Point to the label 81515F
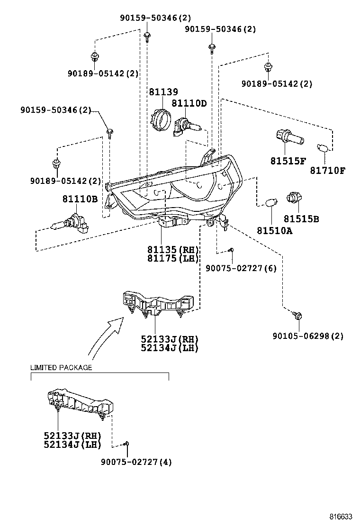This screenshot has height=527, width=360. (x=288, y=161)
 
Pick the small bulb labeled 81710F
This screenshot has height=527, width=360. (x=325, y=149)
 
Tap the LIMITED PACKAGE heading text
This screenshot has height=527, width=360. (x=61, y=367)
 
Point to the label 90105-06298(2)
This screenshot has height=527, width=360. (x=308, y=336)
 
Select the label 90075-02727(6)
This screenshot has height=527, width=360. (x=241, y=268)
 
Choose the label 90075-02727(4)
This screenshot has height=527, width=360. (x=136, y=462)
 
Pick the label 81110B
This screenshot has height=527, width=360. (x=79, y=199)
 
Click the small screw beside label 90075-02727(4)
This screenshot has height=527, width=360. (x=126, y=444)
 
